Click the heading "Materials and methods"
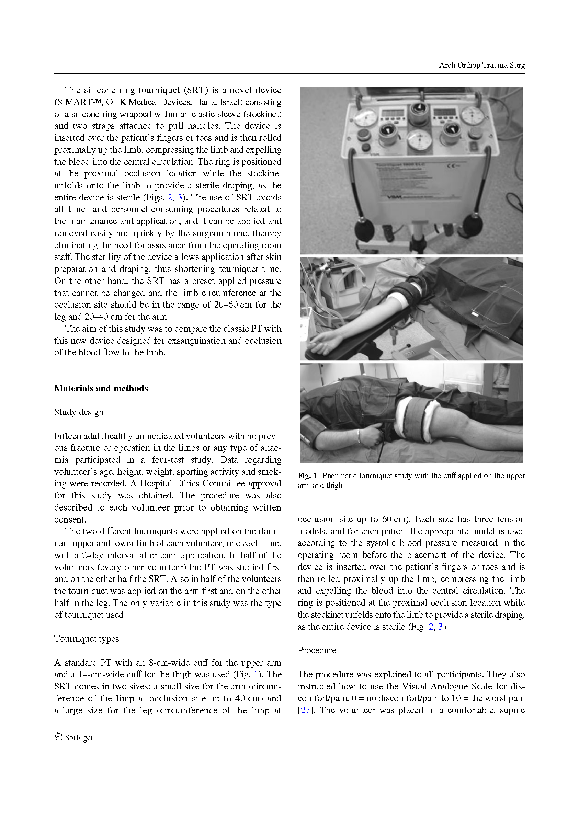pyautogui.click(x=101, y=389)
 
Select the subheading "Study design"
pyautogui.click(x=79, y=412)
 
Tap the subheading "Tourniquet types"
pyautogui.click(x=86, y=639)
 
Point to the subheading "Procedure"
pyautogui.click(x=317, y=651)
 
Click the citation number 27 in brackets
pyautogui.click(x=306, y=710)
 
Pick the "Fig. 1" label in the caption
pyautogui.click(x=307, y=476)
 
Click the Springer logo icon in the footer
pyautogui.click(x=58, y=737)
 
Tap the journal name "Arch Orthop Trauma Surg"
pyautogui.click(x=482, y=65)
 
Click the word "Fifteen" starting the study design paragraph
pyautogui.click(x=67, y=436)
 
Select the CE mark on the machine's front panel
pyautogui.click(x=452, y=166)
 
